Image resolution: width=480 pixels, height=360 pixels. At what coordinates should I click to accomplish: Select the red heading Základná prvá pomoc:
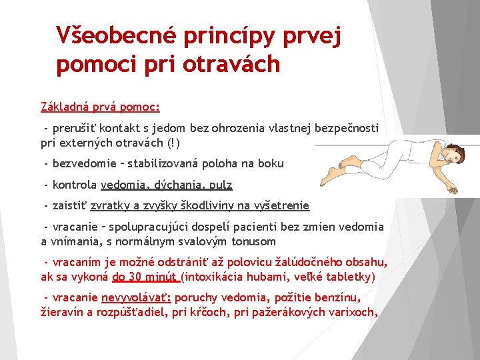point(100,106)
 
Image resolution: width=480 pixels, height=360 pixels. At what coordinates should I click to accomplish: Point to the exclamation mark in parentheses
point(175,143)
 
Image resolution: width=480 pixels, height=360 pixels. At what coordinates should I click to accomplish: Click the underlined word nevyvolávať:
point(137,297)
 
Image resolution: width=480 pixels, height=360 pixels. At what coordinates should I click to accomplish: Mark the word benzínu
point(337,297)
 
